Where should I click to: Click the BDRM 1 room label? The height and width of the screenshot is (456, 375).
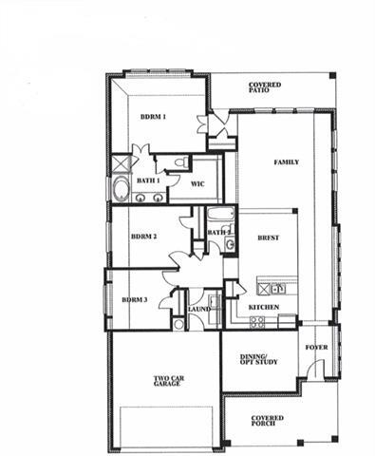[154, 117]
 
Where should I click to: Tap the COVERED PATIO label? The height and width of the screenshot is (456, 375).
[265, 86]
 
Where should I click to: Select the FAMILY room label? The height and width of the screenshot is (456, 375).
[287, 162]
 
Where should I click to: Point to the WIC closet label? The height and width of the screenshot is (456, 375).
[198, 183]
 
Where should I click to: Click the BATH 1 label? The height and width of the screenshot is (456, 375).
[147, 180]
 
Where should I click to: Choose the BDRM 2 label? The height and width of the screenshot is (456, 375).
[143, 237]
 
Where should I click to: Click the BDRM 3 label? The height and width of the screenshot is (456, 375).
[135, 299]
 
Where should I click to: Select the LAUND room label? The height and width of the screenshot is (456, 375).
[198, 310]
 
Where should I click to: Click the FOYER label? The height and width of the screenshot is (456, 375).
[316, 347]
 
